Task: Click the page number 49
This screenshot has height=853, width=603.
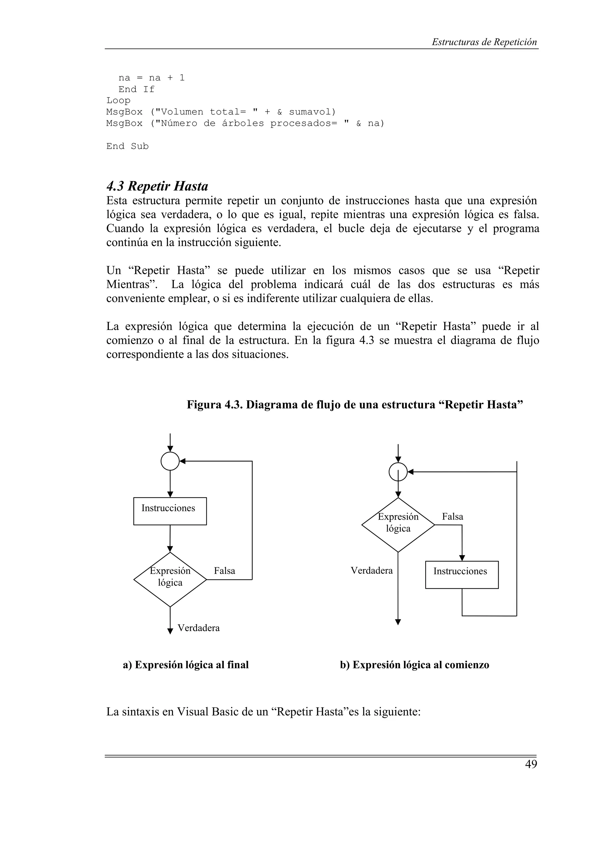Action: [x=531, y=764]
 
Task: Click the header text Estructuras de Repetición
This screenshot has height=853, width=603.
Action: [x=484, y=42]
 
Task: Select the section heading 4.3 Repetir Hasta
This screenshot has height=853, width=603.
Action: [x=157, y=186]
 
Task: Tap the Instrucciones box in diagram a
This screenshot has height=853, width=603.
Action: [x=170, y=511]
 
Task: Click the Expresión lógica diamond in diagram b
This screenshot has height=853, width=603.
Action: [x=398, y=525]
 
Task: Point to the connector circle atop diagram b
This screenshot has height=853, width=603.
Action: [x=398, y=472]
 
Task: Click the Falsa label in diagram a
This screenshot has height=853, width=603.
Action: [x=224, y=571]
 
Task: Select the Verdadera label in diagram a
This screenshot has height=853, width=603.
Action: [x=198, y=628]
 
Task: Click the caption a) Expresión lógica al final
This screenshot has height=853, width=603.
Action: [x=186, y=665]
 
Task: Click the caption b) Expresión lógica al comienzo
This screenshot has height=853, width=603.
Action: [x=414, y=665]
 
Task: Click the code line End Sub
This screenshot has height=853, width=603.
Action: [x=127, y=146]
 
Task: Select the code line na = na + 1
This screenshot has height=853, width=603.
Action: [x=151, y=78]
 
